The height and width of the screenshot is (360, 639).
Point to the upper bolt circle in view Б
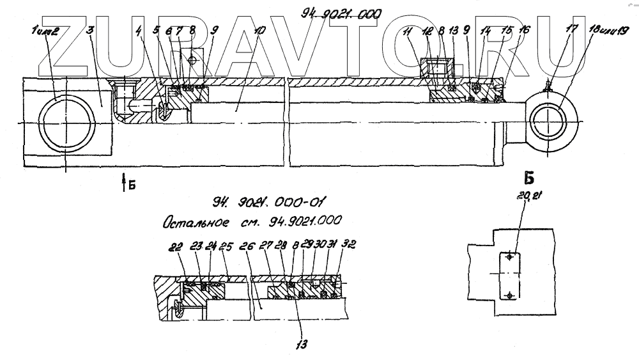coord(509,257)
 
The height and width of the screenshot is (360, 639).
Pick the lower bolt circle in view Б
coord(509,295)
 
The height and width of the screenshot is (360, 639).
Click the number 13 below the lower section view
coord(301,343)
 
